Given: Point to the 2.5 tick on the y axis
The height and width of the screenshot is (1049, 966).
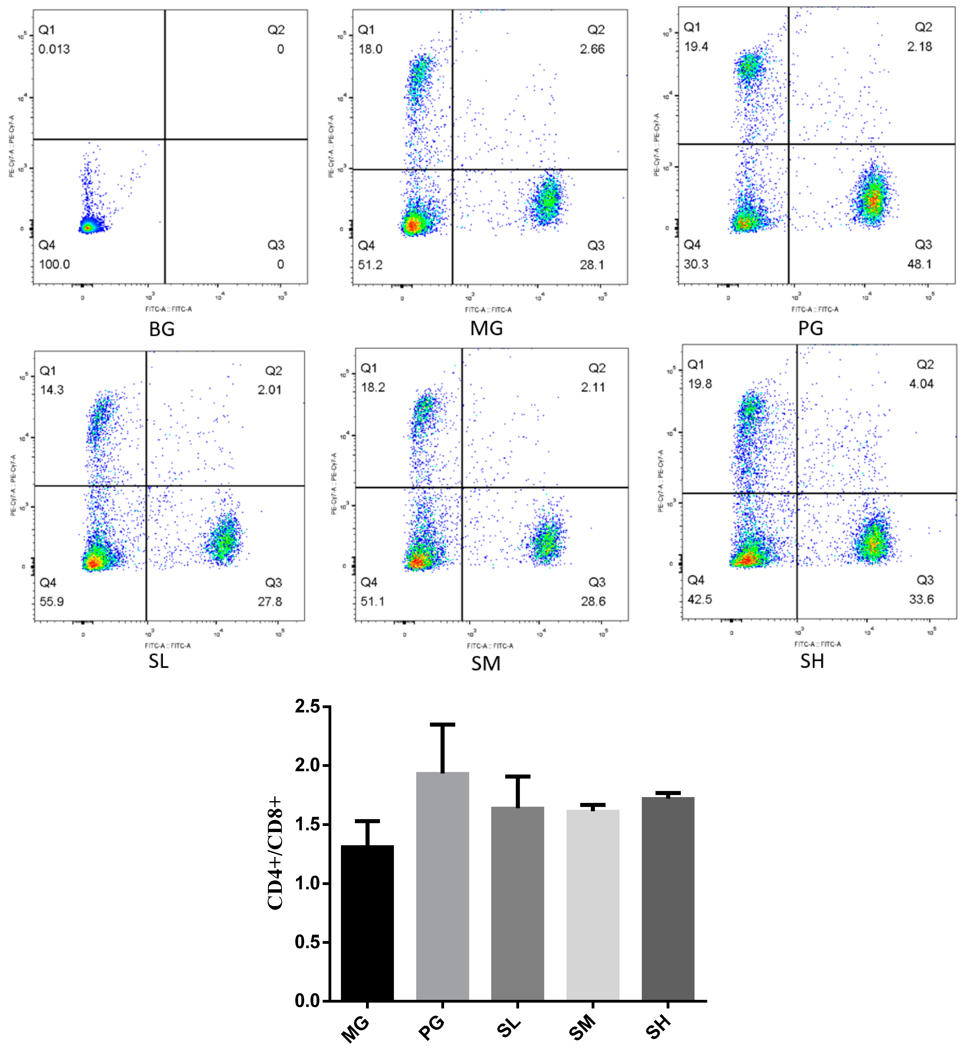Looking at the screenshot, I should [x=307, y=707].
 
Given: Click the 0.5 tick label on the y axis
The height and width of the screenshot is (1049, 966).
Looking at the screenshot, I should [x=307, y=942].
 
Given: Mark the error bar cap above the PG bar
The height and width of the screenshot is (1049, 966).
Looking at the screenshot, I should [x=442, y=724].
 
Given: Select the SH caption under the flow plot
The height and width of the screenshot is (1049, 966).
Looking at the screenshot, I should [x=812, y=661].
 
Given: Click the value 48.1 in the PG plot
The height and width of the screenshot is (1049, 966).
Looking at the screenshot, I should [x=919, y=264].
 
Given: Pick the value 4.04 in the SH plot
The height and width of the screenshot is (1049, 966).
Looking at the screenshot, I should [x=921, y=384].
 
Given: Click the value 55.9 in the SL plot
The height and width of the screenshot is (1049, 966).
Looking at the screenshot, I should [x=52, y=602].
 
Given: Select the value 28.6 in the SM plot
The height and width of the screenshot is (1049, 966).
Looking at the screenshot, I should [x=593, y=602].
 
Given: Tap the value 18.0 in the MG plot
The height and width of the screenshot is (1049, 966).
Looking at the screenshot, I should [x=370, y=49].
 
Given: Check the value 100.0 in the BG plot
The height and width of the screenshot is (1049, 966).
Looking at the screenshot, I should [x=54, y=265].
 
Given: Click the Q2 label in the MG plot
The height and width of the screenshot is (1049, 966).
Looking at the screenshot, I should [x=596, y=30].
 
